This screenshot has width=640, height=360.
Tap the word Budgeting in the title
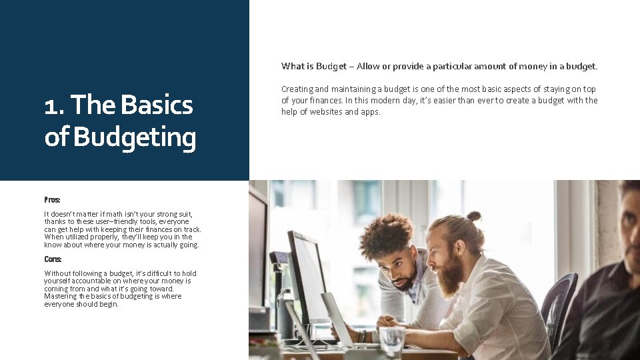[135, 137]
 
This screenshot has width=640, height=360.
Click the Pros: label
[52, 199]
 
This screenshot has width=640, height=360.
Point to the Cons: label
[53, 259]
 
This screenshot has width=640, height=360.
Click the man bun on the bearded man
[473, 216]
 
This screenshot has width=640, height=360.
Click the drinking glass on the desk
[391, 339]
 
